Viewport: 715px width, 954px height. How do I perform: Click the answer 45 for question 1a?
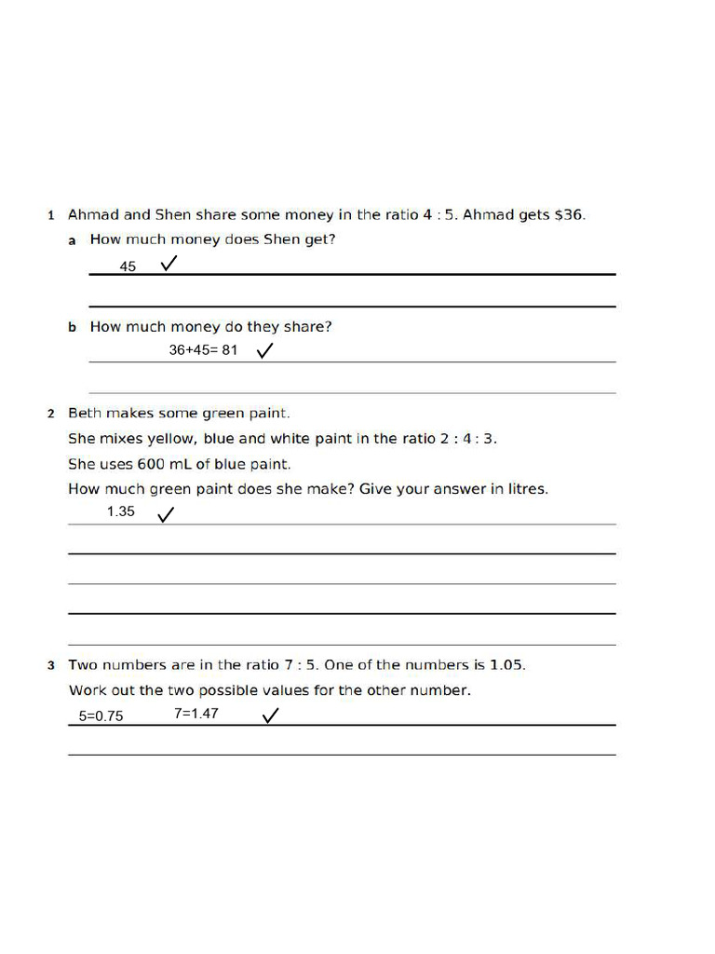(x=128, y=266)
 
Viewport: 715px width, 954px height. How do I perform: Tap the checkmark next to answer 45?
(x=169, y=265)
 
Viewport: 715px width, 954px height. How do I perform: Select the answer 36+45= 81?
(x=203, y=350)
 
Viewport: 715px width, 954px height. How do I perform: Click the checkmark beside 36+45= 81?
(x=264, y=350)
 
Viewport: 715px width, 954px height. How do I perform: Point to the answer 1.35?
(x=121, y=511)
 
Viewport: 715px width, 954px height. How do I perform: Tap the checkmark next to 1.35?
(x=166, y=514)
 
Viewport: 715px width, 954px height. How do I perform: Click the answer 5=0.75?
(x=101, y=716)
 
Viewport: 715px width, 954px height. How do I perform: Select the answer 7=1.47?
(x=196, y=714)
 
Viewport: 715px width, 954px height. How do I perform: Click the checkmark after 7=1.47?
(x=271, y=715)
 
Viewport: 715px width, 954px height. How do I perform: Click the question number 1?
(x=51, y=215)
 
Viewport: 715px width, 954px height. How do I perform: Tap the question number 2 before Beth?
(x=51, y=414)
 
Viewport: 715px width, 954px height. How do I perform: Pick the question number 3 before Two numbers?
(x=51, y=665)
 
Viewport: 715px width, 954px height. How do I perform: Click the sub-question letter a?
(x=72, y=240)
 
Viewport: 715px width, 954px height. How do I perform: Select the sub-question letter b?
(x=72, y=328)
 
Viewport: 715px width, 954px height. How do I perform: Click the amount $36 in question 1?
(x=568, y=214)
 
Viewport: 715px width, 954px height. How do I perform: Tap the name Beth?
(x=85, y=413)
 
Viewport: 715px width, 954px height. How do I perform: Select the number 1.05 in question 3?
(x=506, y=664)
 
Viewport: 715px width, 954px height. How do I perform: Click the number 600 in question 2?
(x=151, y=463)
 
